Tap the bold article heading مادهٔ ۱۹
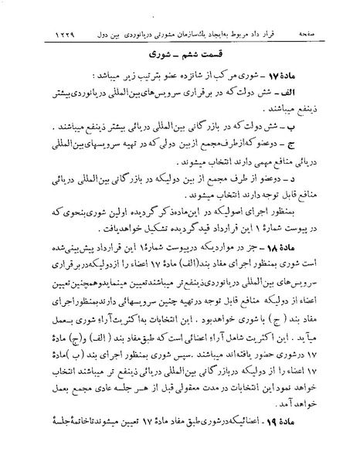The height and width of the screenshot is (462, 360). pyautogui.click(x=304, y=444)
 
